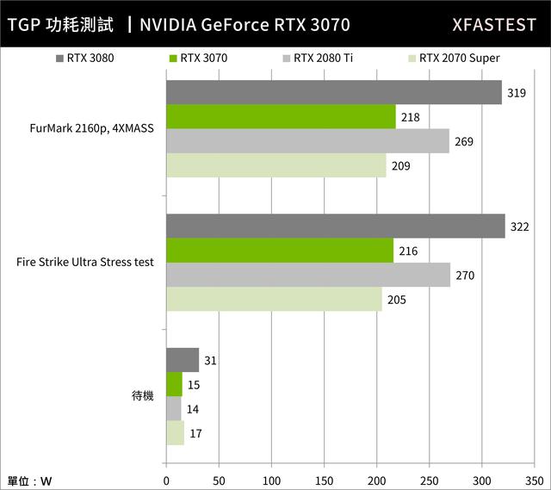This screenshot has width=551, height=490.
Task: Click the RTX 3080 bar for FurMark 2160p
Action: click(333, 92)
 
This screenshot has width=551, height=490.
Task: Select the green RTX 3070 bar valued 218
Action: click(280, 116)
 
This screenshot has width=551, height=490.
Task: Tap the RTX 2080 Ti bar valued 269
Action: click(307, 141)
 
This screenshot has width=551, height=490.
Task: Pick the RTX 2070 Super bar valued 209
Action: click(275, 165)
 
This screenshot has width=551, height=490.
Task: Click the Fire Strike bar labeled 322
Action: click(335, 226)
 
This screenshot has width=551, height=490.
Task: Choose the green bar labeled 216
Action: click(279, 250)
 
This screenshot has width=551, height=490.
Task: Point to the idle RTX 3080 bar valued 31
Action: click(182, 360)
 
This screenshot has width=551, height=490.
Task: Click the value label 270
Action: click(465, 276)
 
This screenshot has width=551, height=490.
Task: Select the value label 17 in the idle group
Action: click(195, 433)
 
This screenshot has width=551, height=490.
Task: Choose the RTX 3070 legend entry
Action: click(197, 59)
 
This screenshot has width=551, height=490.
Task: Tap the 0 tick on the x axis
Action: click(165, 481)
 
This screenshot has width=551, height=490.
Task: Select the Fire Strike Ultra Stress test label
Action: click(85, 262)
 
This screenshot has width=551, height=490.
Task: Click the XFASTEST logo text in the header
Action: click(493, 24)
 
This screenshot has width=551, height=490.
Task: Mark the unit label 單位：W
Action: click(30, 481)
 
